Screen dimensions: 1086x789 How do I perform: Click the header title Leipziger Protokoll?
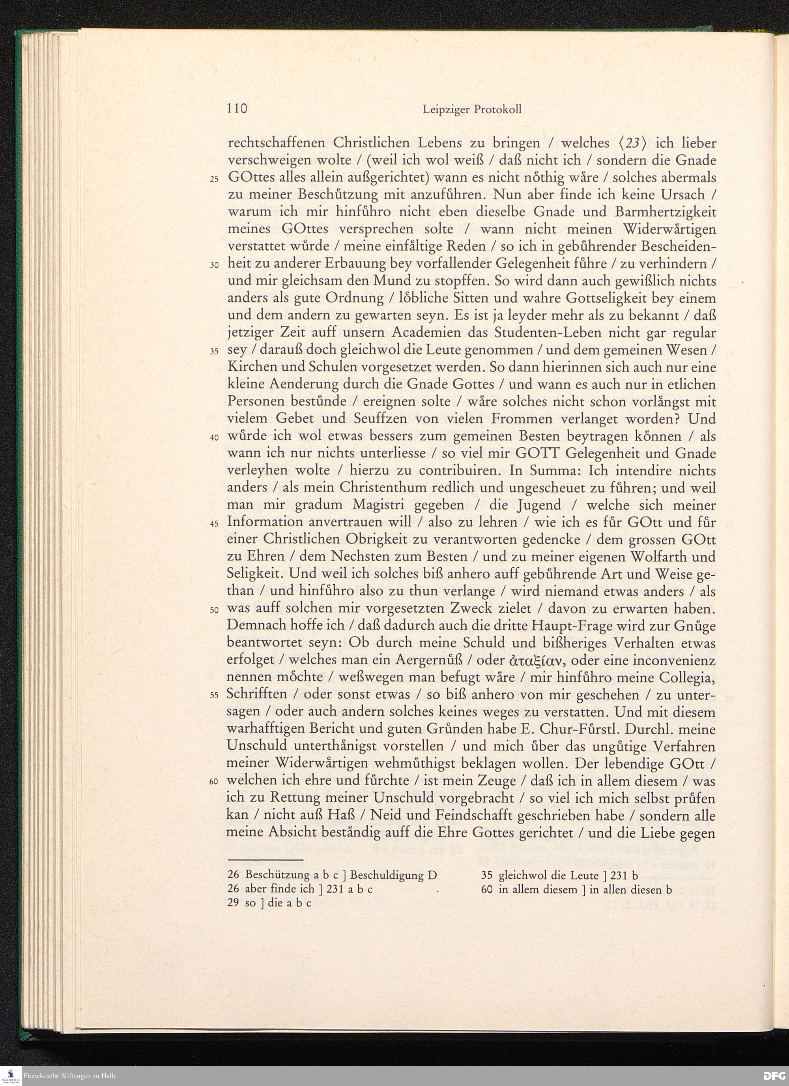tap(472, 110)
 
